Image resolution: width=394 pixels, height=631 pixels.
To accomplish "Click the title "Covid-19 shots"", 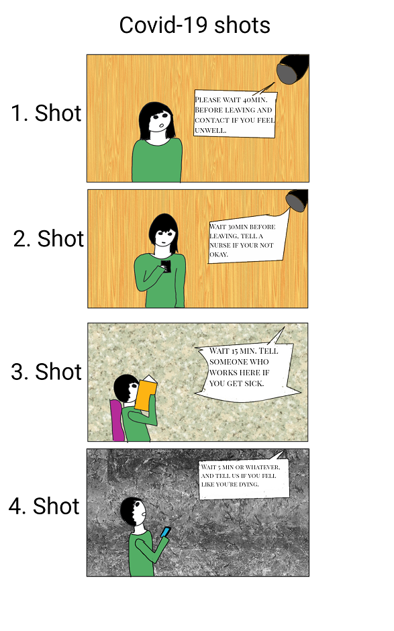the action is [195, 25].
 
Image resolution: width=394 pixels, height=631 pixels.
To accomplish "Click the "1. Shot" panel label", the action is [46, 113].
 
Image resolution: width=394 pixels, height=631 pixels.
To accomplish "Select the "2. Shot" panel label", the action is [49, 238].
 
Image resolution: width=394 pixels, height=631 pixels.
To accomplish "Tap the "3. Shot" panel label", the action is [46, 371].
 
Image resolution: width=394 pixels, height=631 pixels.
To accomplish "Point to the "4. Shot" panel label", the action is [44, 506].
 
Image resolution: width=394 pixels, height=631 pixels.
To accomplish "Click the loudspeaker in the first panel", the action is [293, 69].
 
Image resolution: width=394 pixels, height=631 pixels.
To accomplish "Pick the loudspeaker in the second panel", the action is [297, 201].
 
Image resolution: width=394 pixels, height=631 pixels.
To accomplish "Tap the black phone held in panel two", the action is [166, 266].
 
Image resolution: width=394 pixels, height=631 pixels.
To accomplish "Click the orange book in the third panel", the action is [146, 393].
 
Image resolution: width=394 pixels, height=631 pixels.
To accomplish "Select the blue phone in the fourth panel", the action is [165, 532].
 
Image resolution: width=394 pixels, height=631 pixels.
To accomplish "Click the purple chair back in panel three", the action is [117, 420].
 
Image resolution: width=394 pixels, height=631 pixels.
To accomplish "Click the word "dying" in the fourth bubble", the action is [248, 485].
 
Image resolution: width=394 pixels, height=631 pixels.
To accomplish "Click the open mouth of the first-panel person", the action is [161, 124].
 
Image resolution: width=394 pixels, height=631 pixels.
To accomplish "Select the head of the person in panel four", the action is [133, 512].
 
